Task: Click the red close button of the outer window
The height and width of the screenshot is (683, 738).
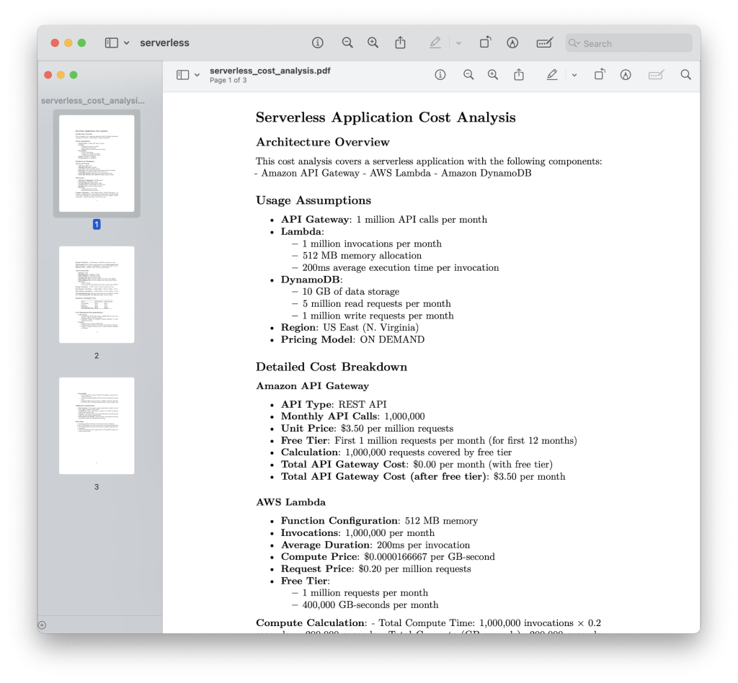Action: click(x=55, y=43)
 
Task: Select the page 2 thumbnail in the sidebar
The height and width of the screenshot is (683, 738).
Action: click(x=97, y=295)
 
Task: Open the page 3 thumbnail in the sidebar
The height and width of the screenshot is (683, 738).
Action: click(x=97, y=426)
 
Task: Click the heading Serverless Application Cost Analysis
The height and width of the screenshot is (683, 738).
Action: click(x=386, y=117)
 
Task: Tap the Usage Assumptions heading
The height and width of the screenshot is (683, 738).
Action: click(x=314, y=200)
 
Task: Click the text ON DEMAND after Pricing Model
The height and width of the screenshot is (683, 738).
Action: click(x=392, y=339)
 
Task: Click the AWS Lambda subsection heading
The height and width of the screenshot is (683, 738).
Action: click(x=290, y=501)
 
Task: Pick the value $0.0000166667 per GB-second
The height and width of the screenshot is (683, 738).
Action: click(x=430, y=556)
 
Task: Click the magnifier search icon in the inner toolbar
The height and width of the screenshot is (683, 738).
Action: click(x=685, y=75)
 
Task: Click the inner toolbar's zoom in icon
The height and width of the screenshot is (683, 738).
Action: click(x=493, y=75)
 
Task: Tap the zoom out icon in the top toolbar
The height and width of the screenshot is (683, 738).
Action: click(x=347, y=43)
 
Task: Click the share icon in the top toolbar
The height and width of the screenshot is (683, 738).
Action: click(x=401, y=43)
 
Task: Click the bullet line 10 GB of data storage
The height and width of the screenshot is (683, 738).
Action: click(x=350, y=291)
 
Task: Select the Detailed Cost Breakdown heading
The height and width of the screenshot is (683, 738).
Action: click(x=332, y=367)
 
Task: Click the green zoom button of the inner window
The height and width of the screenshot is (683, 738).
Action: click(x=73, y=75)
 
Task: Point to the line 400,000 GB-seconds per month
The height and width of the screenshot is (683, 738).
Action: click(x=370, y=604)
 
